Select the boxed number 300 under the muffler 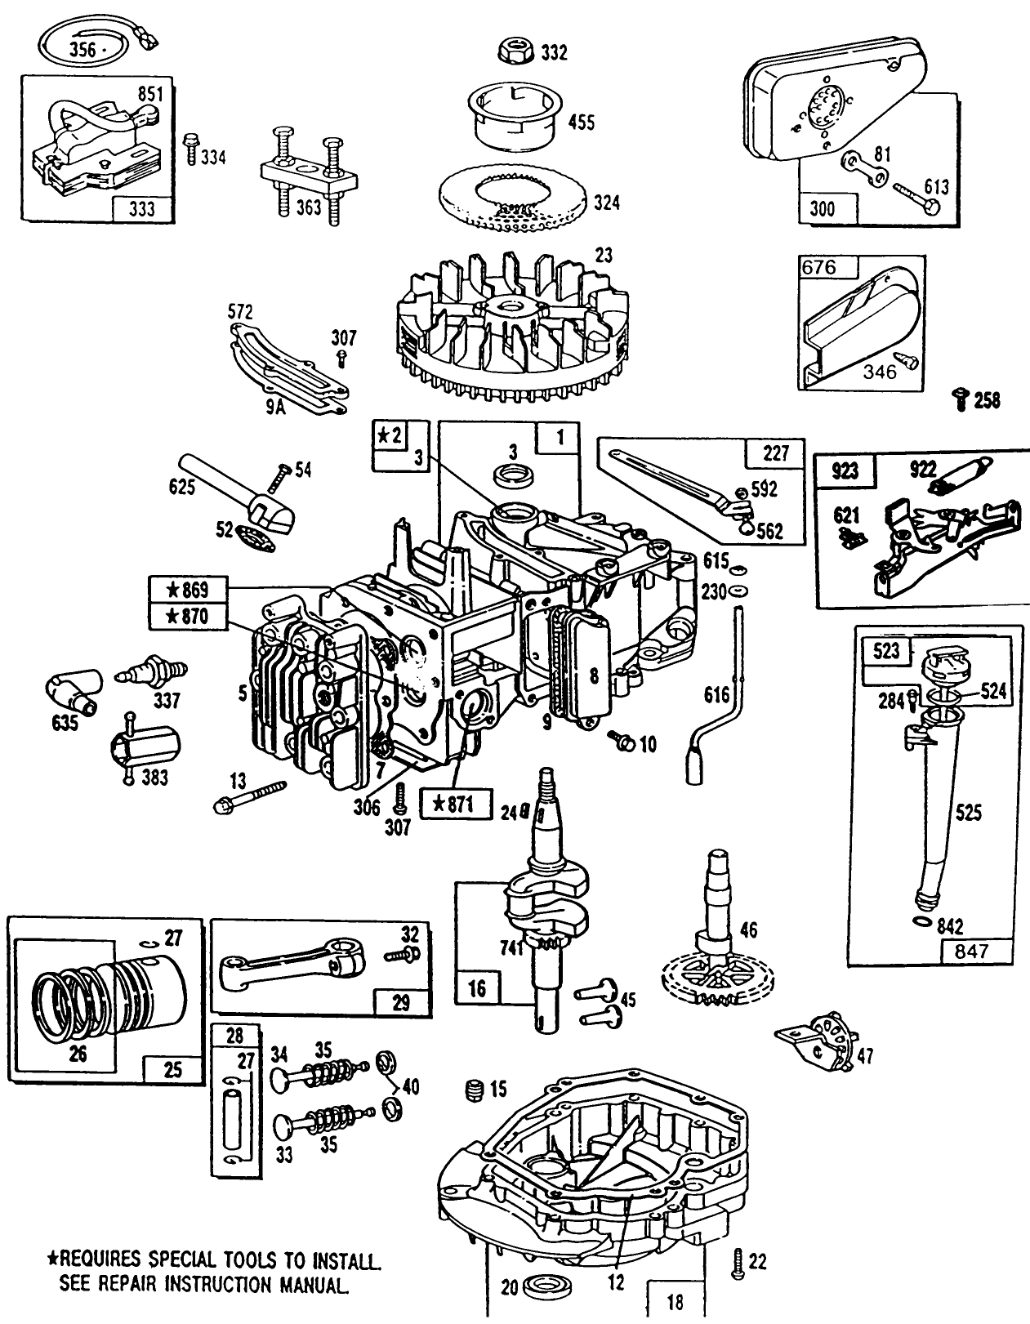823,208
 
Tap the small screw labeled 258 961,399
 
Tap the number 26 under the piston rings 78,1054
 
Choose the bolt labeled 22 738,1263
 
